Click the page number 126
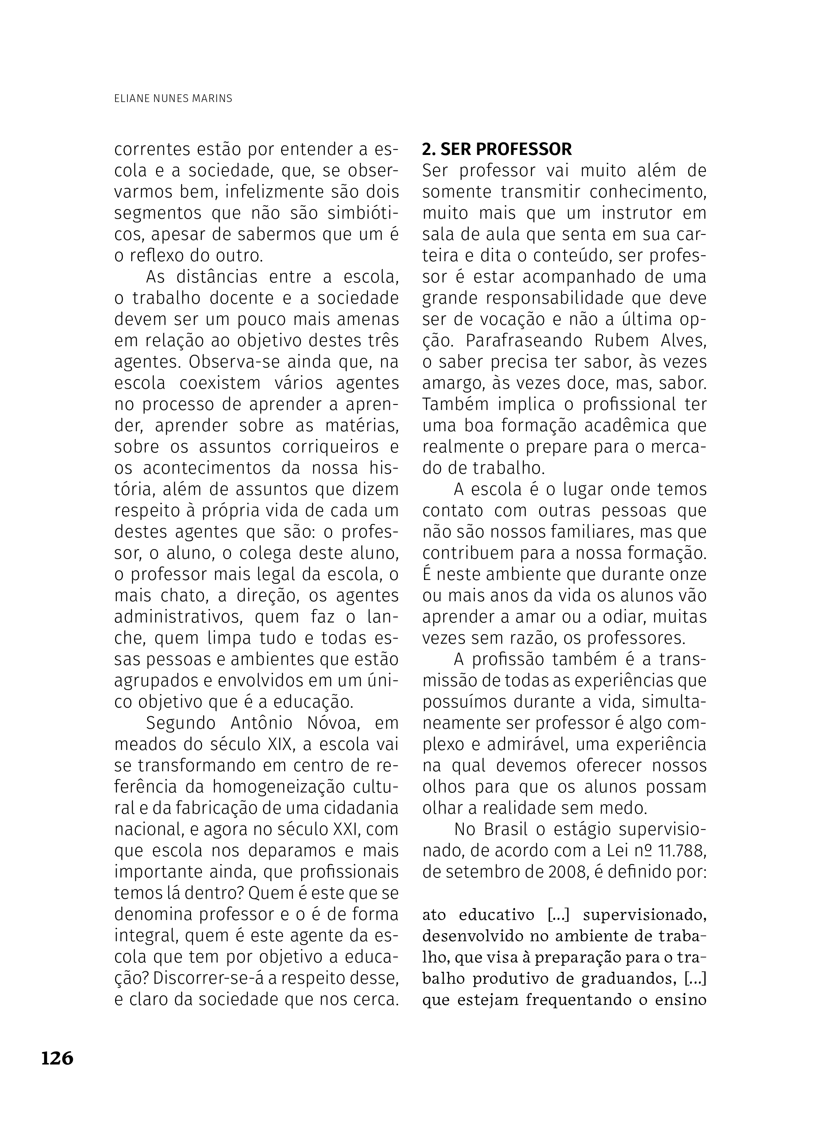coord(57,1058)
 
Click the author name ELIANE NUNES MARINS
coord(173,99)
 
